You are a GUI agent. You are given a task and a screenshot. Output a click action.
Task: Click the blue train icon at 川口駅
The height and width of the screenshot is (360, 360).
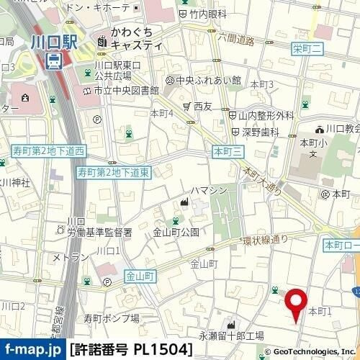coord(53,63)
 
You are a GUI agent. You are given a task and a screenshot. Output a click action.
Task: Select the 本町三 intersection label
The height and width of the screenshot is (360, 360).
coord(230,150)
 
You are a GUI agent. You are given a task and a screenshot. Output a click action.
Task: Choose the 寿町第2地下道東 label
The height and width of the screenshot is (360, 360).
coord(114,173)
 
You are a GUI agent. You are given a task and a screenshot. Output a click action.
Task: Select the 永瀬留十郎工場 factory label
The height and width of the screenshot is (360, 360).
coord(231,336)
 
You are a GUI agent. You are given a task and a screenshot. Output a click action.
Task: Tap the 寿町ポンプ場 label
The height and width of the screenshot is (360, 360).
coord(110,317)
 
